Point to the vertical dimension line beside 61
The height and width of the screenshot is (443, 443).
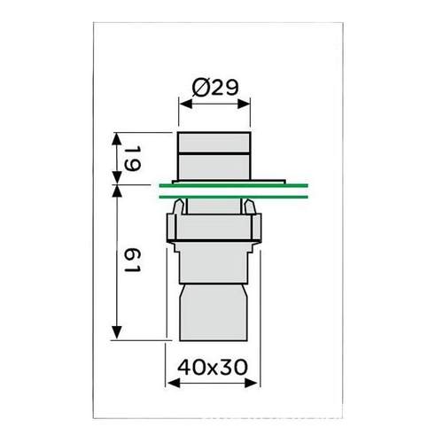pyautogui.click(x=116, y=266)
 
